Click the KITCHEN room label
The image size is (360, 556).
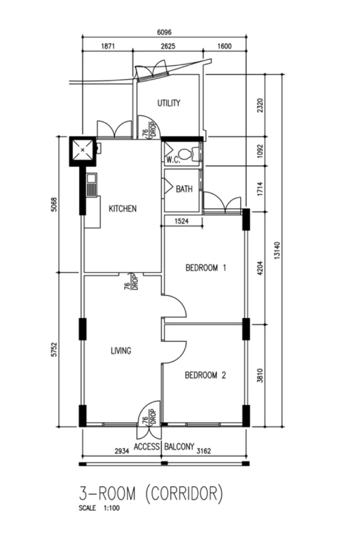tap(123, 209)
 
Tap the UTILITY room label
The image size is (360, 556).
tap(169, 103)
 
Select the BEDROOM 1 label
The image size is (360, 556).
tap(206, 268)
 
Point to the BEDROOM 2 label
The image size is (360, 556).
tap(205, 375)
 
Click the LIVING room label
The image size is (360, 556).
tap(121, 351)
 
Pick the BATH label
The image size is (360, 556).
tap(184, 189)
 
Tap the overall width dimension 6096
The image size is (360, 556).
tap(164, 32)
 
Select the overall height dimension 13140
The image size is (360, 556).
tap(277, 250)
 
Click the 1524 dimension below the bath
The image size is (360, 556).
tap(181, 221)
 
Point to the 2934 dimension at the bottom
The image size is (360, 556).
tap(122, 451)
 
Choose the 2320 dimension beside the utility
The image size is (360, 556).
tap(260, 105)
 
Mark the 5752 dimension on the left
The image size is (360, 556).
tap(54, 350)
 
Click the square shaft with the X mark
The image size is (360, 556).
tap(82, 151)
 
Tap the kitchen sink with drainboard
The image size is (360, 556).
tap(91, 185)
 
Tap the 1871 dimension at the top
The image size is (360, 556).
tap(108, 46)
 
